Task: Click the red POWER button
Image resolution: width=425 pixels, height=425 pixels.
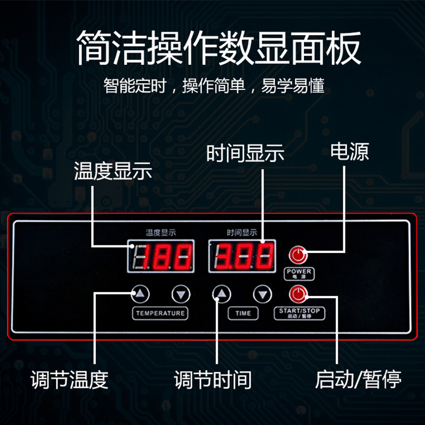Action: (x=298, y=255)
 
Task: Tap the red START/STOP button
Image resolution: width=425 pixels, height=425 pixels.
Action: (x=298, y=294)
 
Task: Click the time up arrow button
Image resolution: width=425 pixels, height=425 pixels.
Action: (x=222, y=294)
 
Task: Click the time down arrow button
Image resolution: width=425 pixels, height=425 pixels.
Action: (x=262, y=294)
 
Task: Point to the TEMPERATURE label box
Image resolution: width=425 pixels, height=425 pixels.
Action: (x=160, y=313)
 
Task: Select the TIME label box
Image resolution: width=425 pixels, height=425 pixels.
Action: (x=243, y=313)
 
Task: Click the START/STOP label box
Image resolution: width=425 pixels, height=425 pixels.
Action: (x=300, y=313)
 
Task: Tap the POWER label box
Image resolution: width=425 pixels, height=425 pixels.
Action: (x=299, y=274)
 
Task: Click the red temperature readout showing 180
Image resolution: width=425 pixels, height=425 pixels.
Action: (x=160, y=256)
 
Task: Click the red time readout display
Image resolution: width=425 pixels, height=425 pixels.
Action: (x=243, y=256)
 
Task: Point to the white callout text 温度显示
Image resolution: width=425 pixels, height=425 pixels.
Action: (x=113, y=171)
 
